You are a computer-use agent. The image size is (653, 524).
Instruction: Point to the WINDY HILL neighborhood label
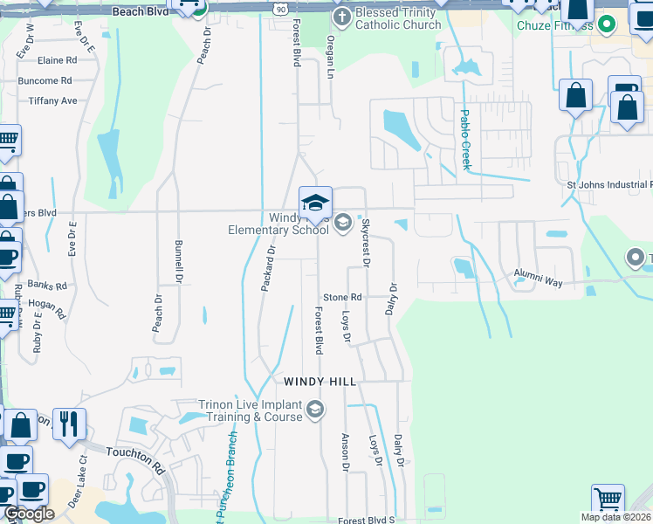point(321,382)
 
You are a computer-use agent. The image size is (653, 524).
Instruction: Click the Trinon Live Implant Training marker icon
point(315,409)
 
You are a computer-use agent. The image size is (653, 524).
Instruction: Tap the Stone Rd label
point(342,298)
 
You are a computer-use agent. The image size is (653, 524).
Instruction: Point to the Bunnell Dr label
point(179,262)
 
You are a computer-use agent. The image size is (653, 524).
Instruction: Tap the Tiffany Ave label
point(52,101)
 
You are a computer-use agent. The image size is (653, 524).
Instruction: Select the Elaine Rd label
point(58,60)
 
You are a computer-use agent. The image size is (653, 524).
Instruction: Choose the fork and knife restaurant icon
point(67,424)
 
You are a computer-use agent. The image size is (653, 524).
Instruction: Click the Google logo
point(29,513)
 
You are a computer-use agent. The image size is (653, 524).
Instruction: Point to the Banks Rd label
point(46,286)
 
